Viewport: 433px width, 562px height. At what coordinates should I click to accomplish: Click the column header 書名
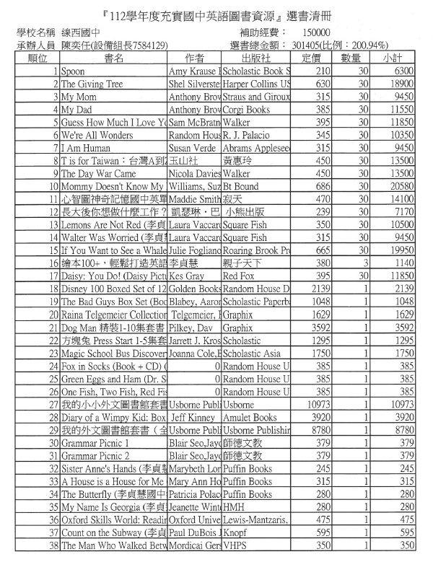113,58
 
